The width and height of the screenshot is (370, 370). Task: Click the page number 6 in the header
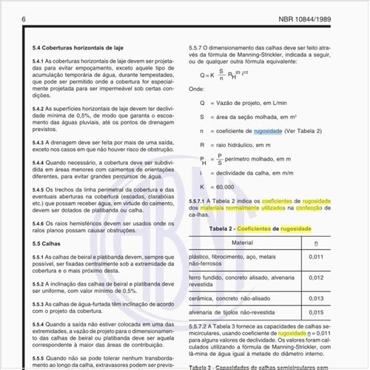25,18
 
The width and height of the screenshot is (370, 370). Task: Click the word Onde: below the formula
196,87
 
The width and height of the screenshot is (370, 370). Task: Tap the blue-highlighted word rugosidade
267,129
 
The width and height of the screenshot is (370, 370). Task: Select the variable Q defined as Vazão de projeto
192,101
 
